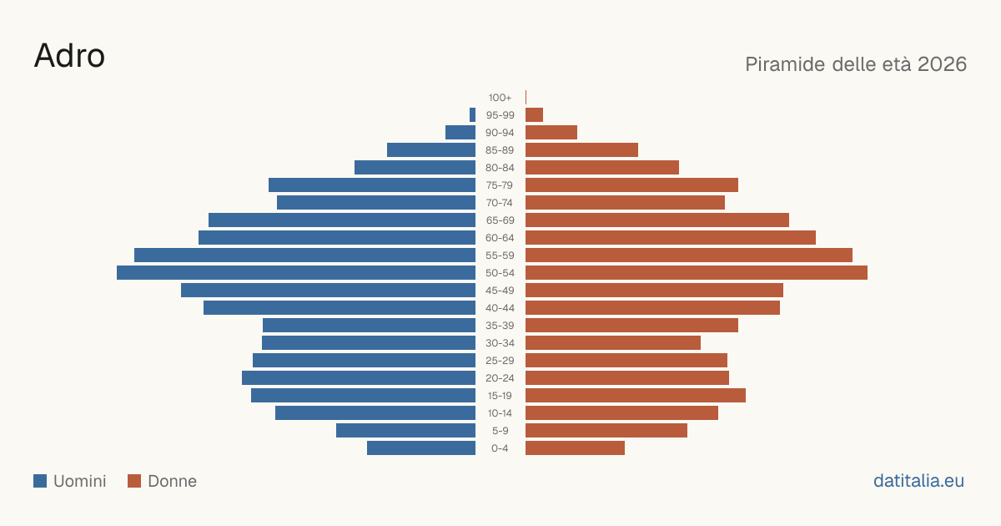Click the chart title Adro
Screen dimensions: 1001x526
[69, 56]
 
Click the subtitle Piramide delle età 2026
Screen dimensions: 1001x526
[856, 64]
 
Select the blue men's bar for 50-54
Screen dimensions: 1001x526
[296, 273]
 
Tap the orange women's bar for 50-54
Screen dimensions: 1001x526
[697, 273]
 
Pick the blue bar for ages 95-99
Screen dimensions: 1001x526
[472, 115]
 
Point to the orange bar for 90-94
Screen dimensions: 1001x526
[551, 133]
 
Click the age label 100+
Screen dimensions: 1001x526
[500, 98]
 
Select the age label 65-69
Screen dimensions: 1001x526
[500, 220]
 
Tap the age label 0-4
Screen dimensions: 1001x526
[500, 448]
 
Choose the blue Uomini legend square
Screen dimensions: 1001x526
[40, 481]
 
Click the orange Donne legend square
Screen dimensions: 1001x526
[134, 481]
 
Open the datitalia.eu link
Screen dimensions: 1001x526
[918, 481]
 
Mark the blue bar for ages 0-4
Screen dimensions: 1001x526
[421, 448]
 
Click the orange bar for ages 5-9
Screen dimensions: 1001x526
[606, 431]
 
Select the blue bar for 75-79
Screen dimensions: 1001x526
[372, 185]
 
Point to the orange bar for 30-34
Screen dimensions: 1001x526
[613, 343]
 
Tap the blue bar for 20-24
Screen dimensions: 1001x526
[359, 378]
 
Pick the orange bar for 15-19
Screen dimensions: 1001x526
[636, 396]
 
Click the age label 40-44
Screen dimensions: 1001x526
[500, 308]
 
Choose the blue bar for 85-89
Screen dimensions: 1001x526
[431, 149]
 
